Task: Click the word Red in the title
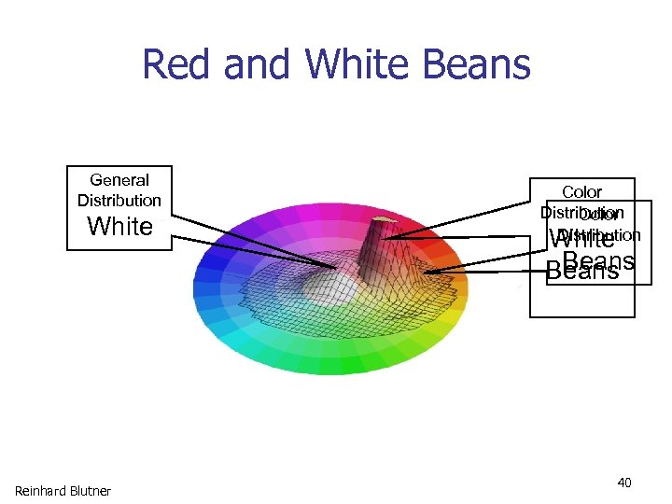pos(174,65)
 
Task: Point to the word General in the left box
pos(119,180)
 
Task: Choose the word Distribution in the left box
pos(119,201)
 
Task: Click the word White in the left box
pos(119,227)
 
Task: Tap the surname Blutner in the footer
pos(91,491)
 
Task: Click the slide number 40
pos(624,483)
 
